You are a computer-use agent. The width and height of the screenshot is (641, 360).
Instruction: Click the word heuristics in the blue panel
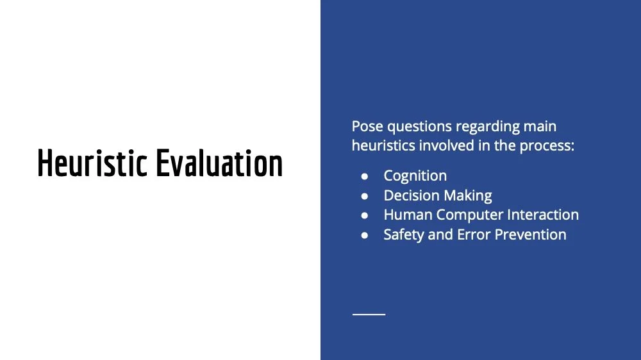pyautogui.click(x=383, y=145)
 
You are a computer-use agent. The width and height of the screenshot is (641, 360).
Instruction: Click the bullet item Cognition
pyautogui.click(x=415, y=176)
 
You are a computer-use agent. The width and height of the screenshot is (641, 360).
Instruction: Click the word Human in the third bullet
pyautogui.click(x=408, y=215)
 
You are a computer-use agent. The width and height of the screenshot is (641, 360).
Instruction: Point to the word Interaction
pyautogui.click(x=544, y=215)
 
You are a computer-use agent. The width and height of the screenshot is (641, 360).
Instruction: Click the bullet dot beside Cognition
pyautogui.click(x=364, y=176)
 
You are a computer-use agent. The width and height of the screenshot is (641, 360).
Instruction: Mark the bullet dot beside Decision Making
pyautogui.click(x=364, y=196)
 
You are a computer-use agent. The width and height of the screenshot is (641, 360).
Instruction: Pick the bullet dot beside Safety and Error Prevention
pyautogui.click(x=364, y=235)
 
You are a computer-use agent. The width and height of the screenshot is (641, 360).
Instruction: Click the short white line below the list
pyautogui.click(x=369, y=315)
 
